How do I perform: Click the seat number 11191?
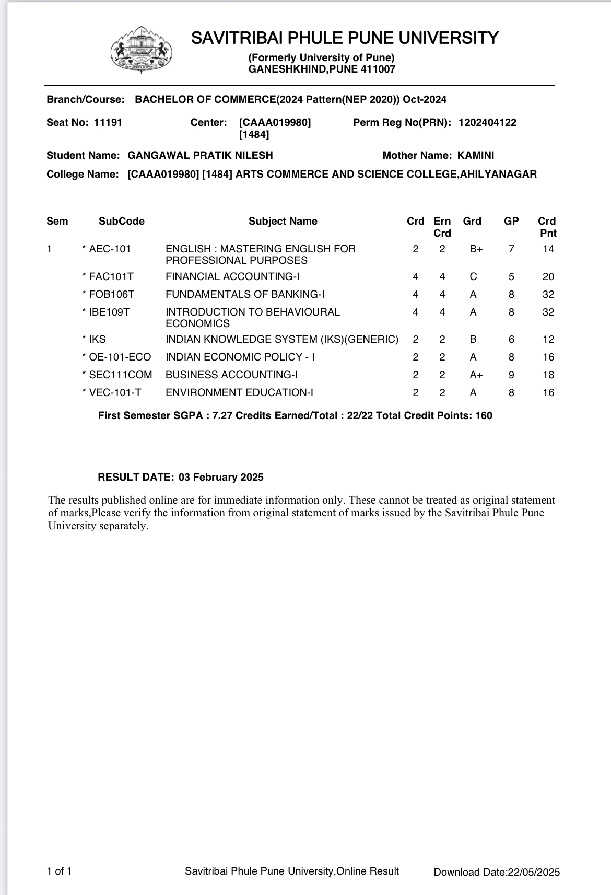click(108, 123)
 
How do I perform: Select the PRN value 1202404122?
click(487, 123)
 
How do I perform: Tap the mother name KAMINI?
click(476, 155)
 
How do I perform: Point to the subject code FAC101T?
click(111, 277)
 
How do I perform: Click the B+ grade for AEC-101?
click(476, 249)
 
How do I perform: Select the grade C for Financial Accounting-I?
click(473, 277)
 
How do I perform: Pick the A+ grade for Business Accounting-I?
click(476, 375)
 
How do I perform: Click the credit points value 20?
click(548, 277)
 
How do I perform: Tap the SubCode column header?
click(122, 222)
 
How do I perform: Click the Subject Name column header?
click(283, 222)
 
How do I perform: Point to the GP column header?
click(511, 222)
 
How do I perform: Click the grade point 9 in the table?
click(511, 375)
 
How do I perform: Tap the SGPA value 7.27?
click(222, 416)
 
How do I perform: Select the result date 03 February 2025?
click(221, 478)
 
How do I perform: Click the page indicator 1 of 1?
click(59, 871)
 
